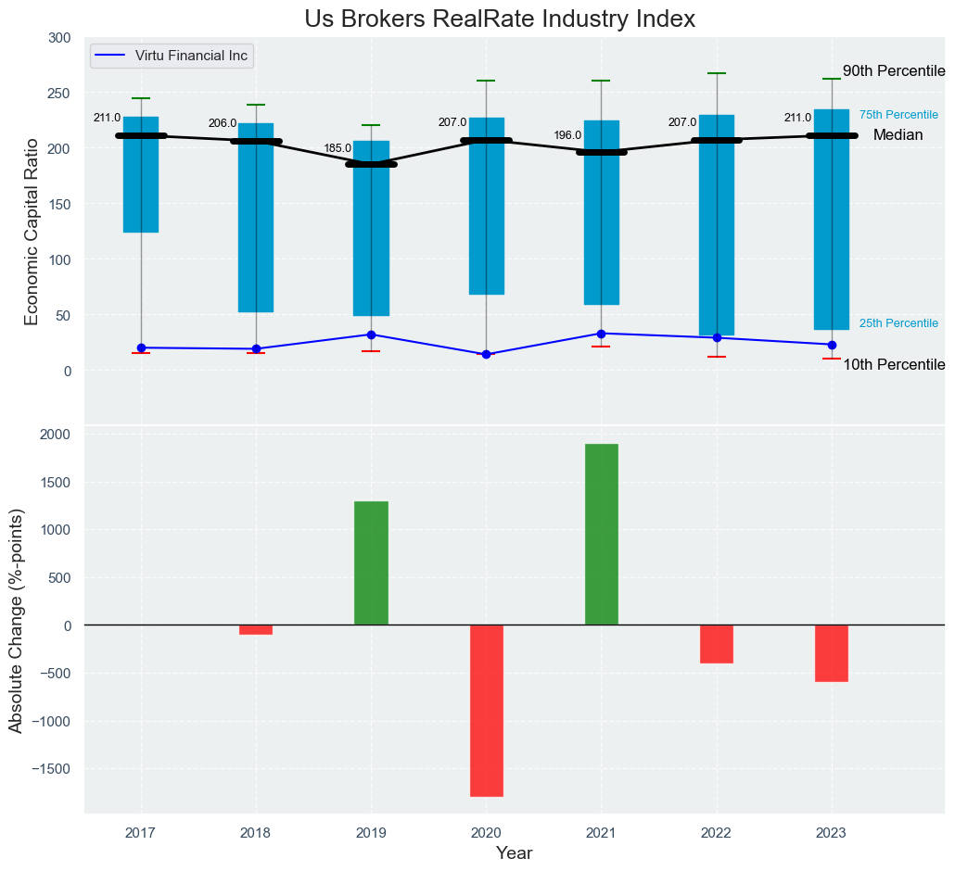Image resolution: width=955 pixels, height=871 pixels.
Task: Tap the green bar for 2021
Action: (x=601, y=535)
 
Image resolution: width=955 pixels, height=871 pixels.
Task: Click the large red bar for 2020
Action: (x=486, y=711)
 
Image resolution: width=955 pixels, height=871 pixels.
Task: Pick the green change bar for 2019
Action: (x=371, y=563)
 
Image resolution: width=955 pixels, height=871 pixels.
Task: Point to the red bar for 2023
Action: (x=832, y=653)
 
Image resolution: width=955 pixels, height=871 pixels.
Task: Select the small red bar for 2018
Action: (x=256, y=630)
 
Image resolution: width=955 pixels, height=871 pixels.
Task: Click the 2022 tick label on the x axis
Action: (x=716, y=833)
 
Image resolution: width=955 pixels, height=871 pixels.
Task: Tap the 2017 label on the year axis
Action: (x=141, y=833)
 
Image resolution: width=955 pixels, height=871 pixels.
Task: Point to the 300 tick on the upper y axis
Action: (x=59, y=38)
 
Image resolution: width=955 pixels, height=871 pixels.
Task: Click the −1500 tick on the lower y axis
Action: (x=53, y=769)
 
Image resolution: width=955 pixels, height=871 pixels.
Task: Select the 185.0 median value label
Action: (x=337, y=148)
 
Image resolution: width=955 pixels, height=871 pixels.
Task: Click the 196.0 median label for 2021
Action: (x=567, y=135)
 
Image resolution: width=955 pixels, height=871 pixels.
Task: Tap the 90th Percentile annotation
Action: (x=893, y=71)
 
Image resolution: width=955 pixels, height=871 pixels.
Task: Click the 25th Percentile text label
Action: (x=898, y=323)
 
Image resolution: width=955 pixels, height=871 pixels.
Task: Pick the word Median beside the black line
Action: (x=898, y=135)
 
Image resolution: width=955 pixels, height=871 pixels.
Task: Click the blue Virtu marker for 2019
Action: (x=371, y=335)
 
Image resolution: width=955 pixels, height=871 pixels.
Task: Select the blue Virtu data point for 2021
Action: (x=601, y=334)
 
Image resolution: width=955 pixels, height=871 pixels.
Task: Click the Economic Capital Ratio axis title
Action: (x=32, y=231)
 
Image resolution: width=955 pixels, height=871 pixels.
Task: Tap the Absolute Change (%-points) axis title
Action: (x=16, y=620)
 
